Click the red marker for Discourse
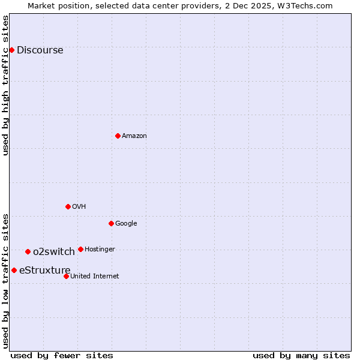12,50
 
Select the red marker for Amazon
118,136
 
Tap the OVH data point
68,206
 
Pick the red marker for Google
111,223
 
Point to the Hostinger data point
80,249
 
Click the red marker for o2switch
28,251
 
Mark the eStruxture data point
14,270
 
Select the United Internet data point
66,276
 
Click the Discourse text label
40,50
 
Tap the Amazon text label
134,136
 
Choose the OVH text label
79,207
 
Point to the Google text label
126,224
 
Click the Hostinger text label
100,250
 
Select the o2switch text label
54,252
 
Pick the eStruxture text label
45,271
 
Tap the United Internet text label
95,277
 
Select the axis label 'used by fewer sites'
62,355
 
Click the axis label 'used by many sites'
301,355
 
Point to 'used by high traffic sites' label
5,85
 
